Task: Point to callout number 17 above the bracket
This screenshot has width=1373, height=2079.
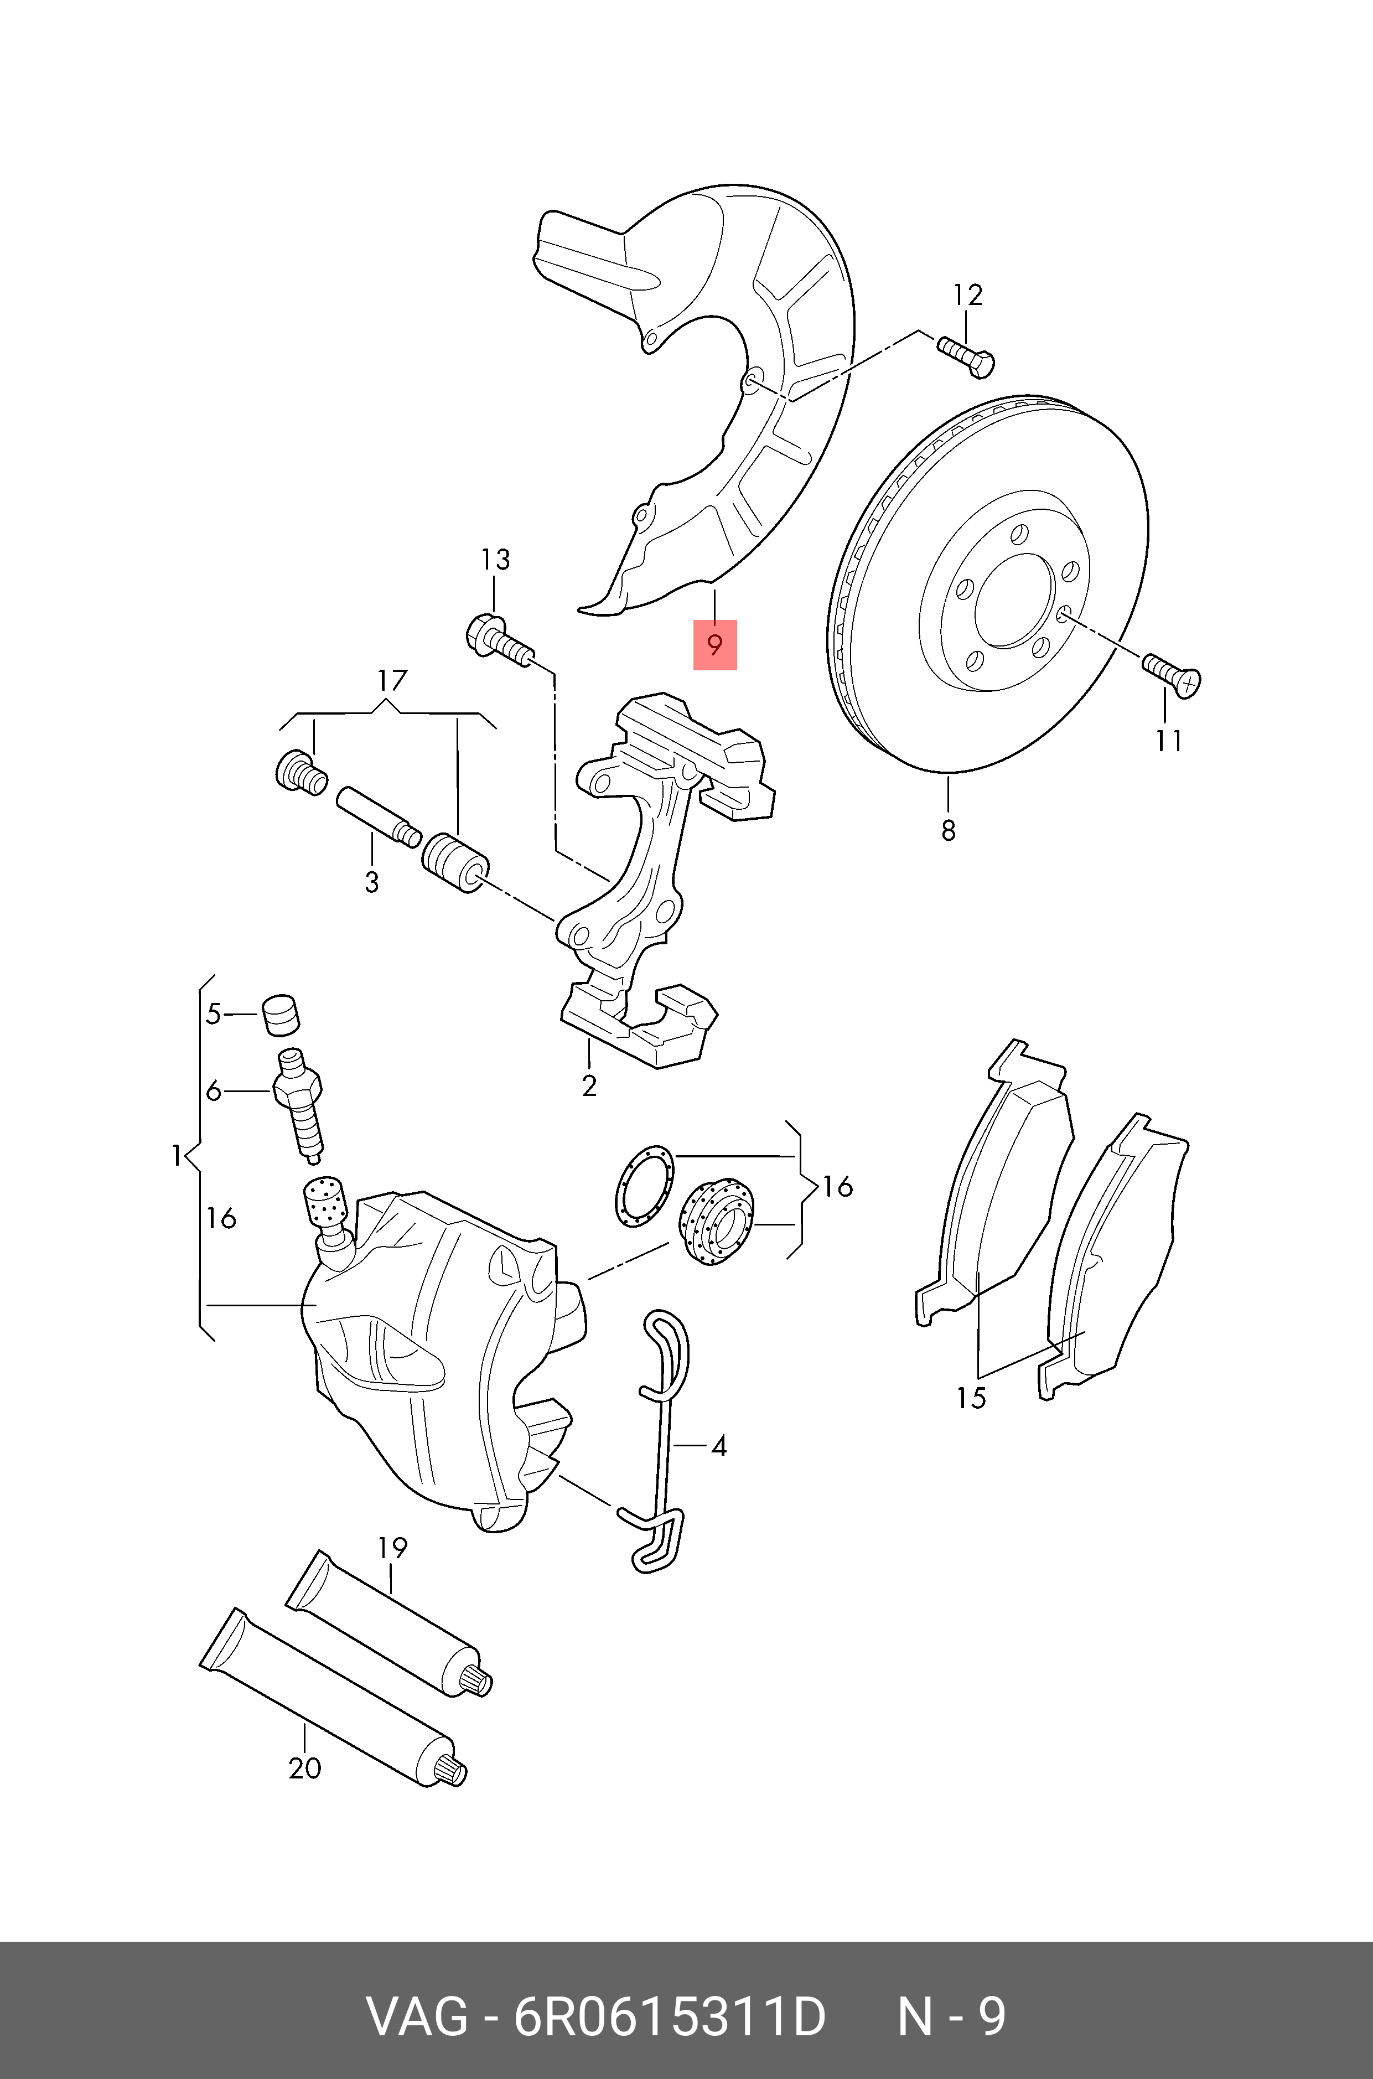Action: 392,680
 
